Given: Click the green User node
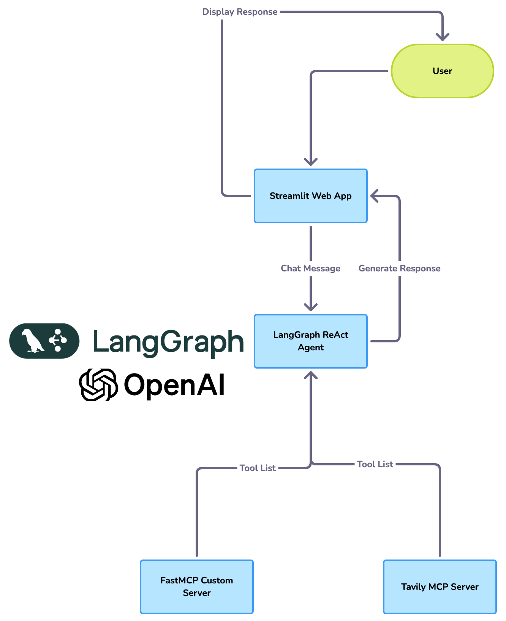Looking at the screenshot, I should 442,71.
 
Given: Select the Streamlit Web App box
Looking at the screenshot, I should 310,196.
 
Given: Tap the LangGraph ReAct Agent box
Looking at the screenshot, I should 310,341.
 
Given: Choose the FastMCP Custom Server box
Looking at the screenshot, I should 196,586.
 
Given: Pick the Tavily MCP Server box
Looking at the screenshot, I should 440,586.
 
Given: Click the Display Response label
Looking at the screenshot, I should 240,12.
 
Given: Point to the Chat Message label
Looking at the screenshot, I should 310,268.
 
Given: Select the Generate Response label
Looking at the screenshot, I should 399,268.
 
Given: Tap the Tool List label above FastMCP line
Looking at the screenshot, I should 258,468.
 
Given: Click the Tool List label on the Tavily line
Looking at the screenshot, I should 375,464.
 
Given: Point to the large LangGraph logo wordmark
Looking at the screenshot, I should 168,342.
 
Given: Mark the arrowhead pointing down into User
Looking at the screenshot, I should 442,37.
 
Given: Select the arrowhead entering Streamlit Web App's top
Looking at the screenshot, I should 310,162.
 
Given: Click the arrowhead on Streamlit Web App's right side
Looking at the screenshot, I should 374,196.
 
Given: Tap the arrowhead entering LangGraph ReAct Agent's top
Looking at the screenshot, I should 310,307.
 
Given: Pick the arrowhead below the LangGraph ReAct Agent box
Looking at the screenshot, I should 310,375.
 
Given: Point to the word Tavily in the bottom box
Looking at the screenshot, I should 413,587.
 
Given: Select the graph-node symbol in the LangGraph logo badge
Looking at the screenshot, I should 58,340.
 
